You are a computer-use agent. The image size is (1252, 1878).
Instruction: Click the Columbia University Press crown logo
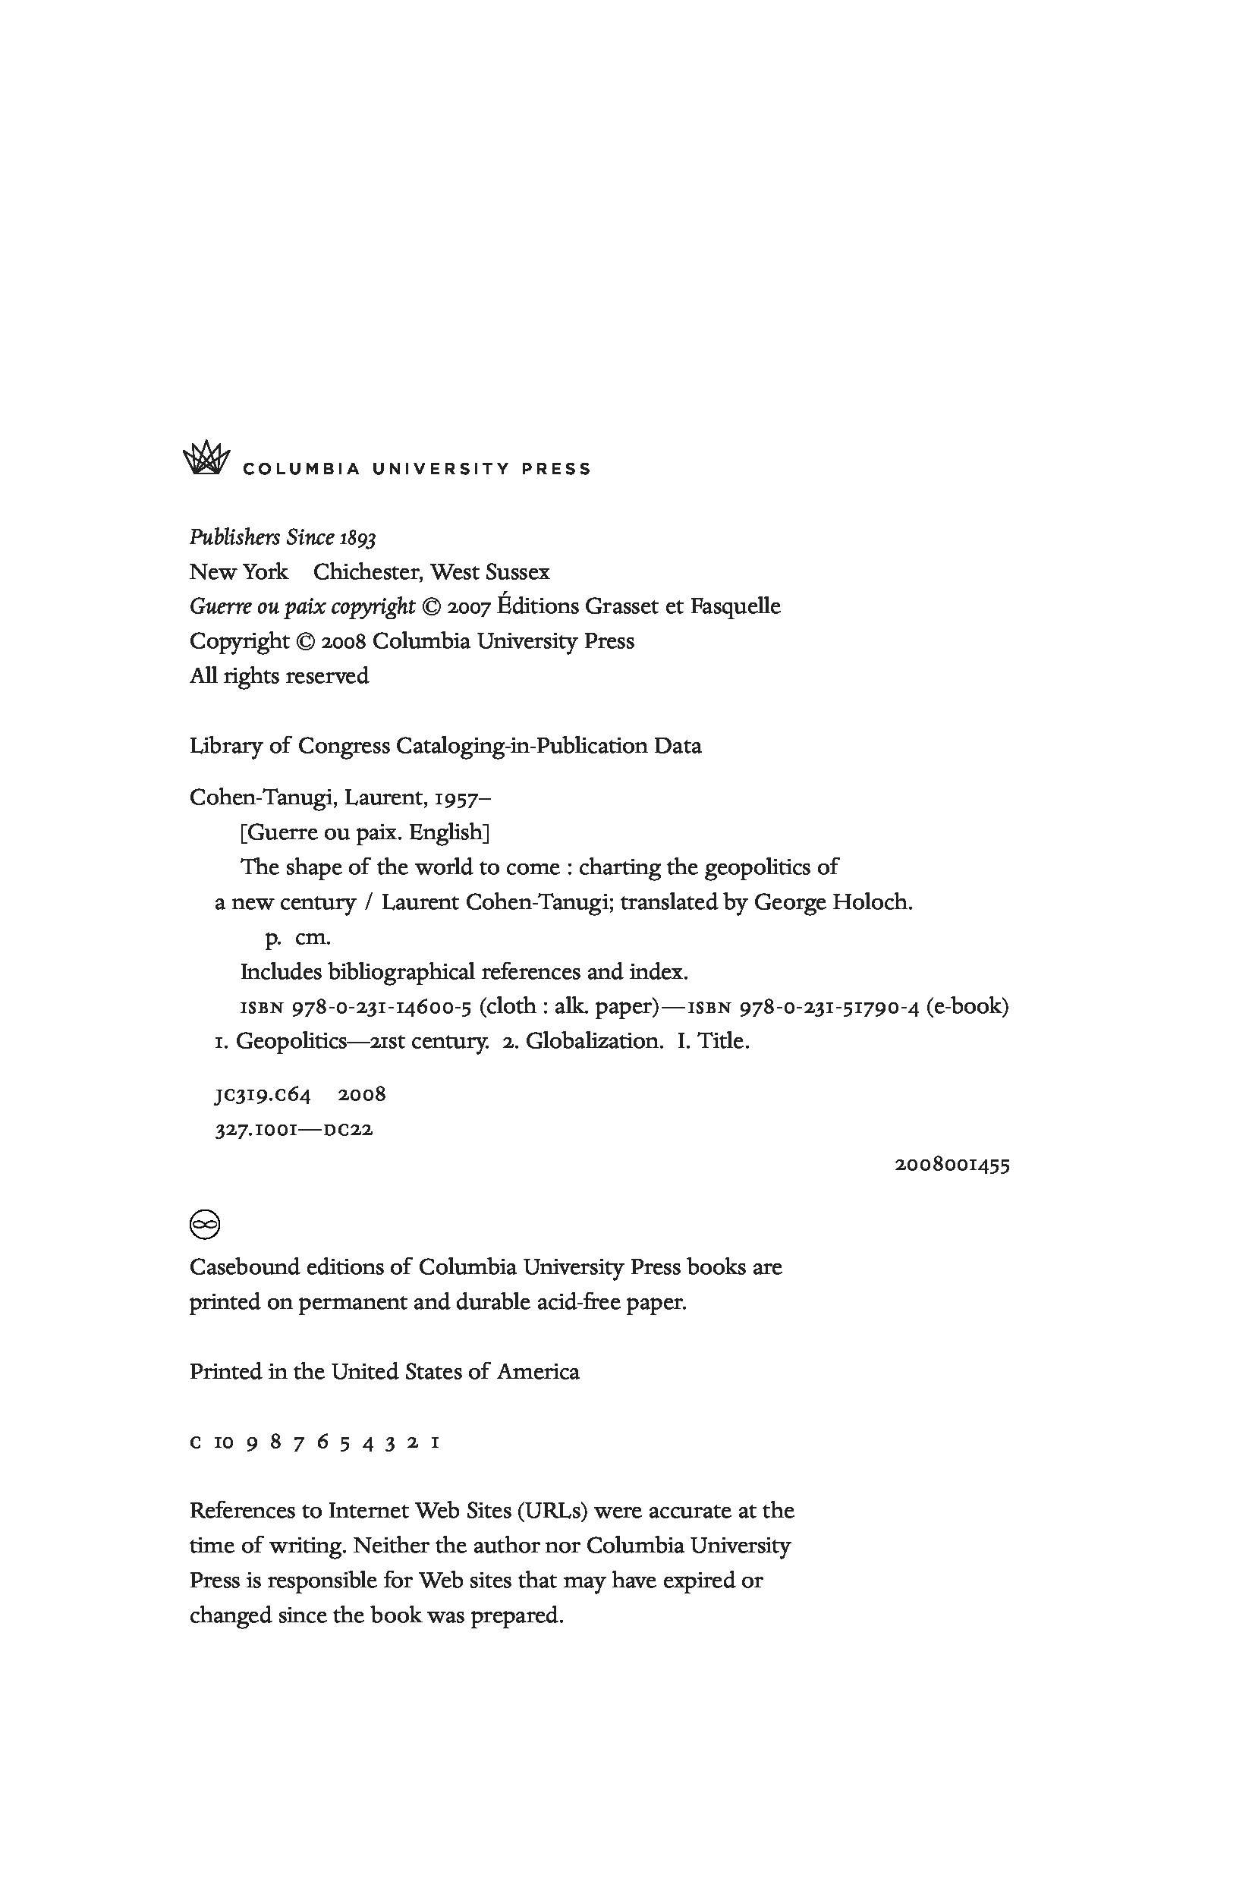point(206,458)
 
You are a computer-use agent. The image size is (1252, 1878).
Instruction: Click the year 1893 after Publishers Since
point(357,538)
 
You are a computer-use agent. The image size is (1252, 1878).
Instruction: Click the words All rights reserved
point(278,676)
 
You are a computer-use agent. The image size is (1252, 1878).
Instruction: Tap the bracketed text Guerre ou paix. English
point(364,832)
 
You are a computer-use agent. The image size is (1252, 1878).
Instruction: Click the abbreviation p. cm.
point(297,937)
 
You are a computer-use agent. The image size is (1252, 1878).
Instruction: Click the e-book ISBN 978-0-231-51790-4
point(829,1007)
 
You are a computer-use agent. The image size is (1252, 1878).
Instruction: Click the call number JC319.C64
point(263,1095)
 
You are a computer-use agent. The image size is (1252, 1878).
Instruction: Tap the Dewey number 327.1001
point(256,1130)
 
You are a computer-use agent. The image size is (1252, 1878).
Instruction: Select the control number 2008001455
point(952,1165)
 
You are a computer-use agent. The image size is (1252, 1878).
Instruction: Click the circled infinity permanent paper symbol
point(204,1224)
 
